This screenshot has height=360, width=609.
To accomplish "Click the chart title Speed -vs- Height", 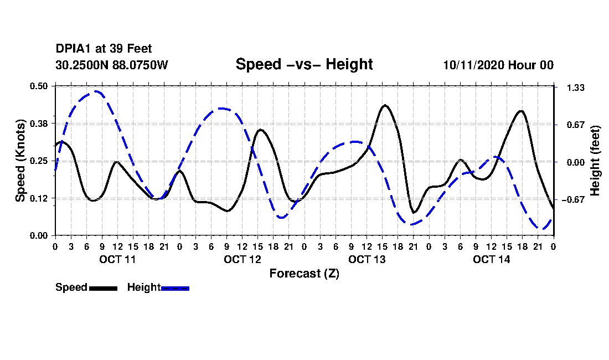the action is pyautogui.click(x=304, y=64).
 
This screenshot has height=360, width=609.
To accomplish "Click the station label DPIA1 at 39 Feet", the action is pyautogui.click(x=104, y=49).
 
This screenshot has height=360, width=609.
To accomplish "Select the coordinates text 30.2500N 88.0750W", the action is pyautogui.click(x=112, y=65).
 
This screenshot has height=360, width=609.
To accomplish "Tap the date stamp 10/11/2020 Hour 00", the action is pyautogui.click(x=498, y=65).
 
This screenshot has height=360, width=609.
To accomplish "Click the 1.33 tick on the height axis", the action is pyautogui.click(x=576, y=88).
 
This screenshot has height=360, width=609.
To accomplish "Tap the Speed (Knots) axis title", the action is pyautogui.click(x=20, y=161).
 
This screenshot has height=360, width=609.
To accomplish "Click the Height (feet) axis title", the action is pyautogui.click(x=595, y=161).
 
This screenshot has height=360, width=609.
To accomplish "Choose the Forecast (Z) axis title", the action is pyautogui.click(x=304, y=274).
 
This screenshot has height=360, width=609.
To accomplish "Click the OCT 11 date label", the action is pyautogui.click(x=117, y=259).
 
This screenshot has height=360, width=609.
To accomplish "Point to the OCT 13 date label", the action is pyautogui.click(x=367, y=259).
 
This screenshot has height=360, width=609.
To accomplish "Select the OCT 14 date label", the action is pyautogui.click(x=491, y=259).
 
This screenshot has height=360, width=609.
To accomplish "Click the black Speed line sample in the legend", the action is pyautogui.click(x=103, y=288).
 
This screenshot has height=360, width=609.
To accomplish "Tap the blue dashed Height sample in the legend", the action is pyautogui.click(x=175, y=288).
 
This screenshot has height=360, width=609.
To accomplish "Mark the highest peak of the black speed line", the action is pyautogui.click(x=385, y=105).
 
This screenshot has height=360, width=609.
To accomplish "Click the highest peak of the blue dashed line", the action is pyautogui.click(x=96, y=91).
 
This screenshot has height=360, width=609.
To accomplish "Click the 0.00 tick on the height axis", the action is pyautogui.click(x=576, y=162).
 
